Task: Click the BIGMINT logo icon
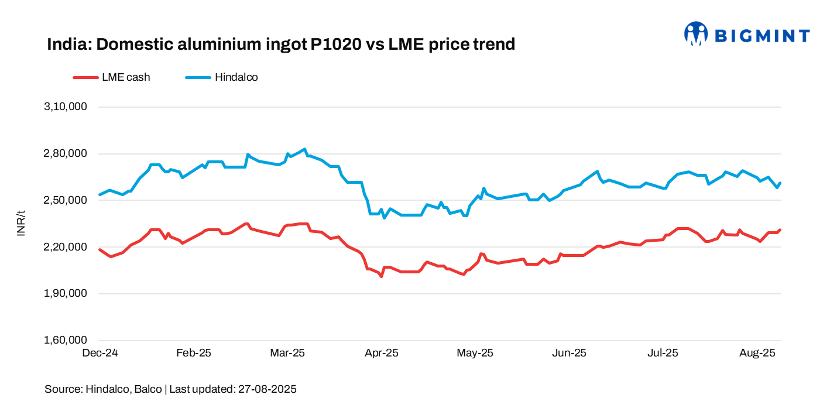696,33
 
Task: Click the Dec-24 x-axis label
100,354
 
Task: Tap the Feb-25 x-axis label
194,354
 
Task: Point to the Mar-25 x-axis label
287,354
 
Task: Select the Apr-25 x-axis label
382,354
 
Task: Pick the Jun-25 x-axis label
570,354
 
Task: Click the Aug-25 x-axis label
757,354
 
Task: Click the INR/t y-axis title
22,224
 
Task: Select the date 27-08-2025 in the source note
267,389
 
